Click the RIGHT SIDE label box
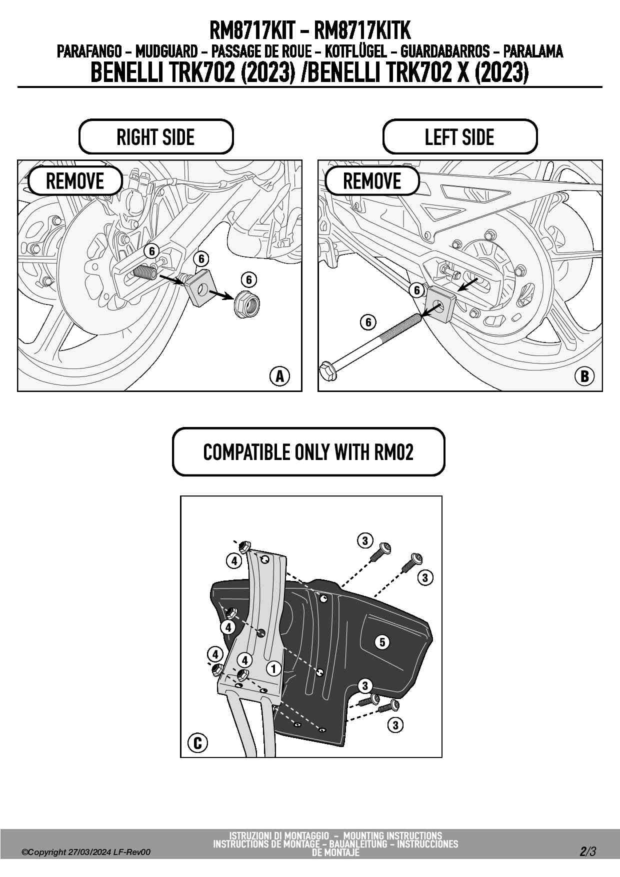[x=155, y=137]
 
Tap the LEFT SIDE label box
[x=459, y=137]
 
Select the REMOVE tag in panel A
[x=75, y=181]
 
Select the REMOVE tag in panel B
[x=372, y=181]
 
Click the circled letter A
[x=279, y=376]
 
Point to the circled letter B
[x=584, y=376]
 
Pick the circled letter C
[x=197, y=743]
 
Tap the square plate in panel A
[x=200, y=290]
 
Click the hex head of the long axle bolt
[x=328, y=370]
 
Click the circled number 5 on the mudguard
[x=382, y=642]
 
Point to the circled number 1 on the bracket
[x=273, y=668]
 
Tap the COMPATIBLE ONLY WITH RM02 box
[x=308, y=452]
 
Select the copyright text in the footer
[x=85, y=852]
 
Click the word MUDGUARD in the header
[x=166, y=51]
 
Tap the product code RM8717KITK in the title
[x=362, y=31]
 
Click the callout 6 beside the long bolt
[x=368, y=322]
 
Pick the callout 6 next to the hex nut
[x=248, y=279]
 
